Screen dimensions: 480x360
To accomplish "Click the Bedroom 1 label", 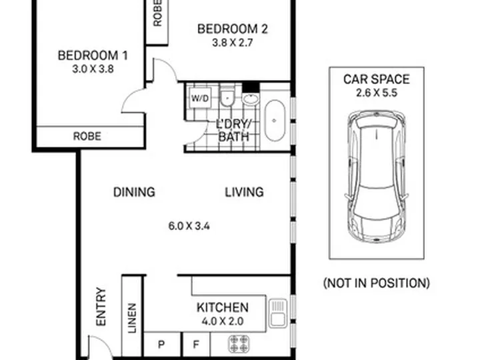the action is tap(93, 55).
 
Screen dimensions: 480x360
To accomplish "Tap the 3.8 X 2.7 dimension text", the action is tap(233, 43).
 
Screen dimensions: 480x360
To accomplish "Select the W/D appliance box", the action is tap(200, 98).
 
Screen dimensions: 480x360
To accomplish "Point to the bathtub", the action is tap(275, 120).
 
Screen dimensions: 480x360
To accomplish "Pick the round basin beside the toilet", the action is tap(251, 99).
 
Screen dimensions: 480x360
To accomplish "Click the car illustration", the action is tap(377, 177).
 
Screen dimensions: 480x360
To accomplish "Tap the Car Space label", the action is tap(377, 79).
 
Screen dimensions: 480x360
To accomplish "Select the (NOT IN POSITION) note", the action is tap(377, 283).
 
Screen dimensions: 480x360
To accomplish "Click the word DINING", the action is tap(134, 192).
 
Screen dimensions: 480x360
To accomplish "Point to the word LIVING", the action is tap(244, 192).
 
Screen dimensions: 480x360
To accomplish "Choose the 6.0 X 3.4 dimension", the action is tap(189, 226).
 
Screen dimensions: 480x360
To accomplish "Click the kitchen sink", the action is tap(278, 313).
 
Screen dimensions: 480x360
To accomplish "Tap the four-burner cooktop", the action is tap(239, 343).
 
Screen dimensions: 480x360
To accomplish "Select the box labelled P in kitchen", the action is tap(161, 345).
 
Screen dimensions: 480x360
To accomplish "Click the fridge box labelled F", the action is tap(196, 345).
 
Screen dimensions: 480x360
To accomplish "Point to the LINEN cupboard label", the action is tap(132, 318).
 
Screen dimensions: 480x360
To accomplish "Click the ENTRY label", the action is tap(101, 307).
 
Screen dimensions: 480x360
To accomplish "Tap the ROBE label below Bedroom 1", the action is tap(87, 136).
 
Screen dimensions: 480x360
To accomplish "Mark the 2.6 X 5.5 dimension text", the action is tap(377, 93).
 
